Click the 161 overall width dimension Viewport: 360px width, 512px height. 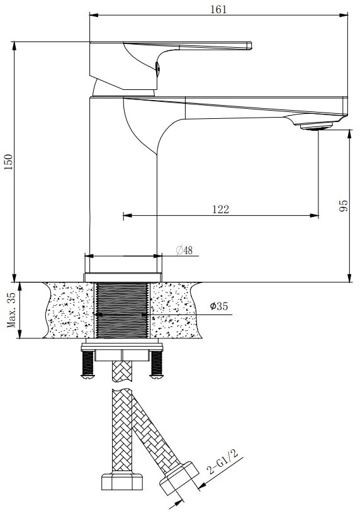click(x=218, y=9)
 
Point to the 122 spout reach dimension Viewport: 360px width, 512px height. click(x=220, y=209)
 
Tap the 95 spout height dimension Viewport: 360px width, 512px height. click(x=344, y=206)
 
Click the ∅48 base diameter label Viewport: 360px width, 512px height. click(x=184, y=250)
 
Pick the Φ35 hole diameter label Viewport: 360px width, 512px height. click(x=219, y=306)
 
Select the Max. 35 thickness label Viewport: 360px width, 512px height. click(x=11, y=310)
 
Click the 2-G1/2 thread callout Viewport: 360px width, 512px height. click(x=223, y=462)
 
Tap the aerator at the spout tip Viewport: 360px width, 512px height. click(x=316, y=126)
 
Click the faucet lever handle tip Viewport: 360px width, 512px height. click(x=249, y=45)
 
